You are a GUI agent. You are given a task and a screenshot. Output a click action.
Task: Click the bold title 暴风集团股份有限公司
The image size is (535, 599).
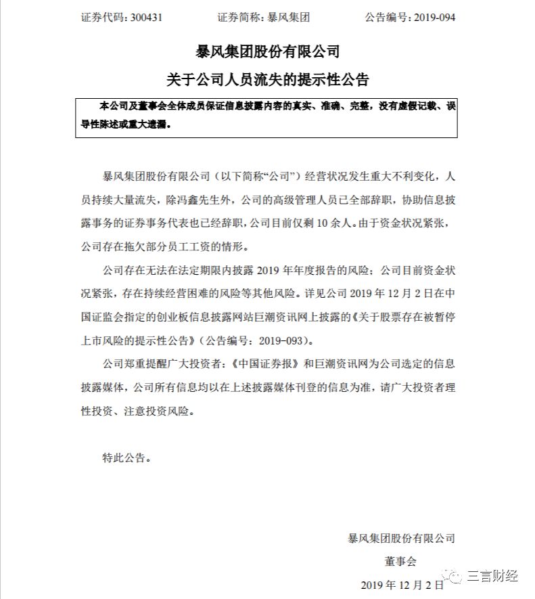coord(267,51)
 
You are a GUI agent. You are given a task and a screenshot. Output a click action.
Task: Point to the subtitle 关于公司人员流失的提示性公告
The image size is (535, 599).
coord(267,80)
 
